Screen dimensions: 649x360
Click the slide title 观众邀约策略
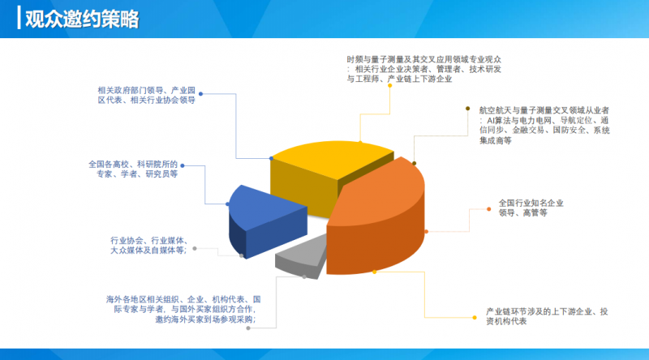(x=82, y=19)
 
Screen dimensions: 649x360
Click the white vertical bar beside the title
(x=19, y=18)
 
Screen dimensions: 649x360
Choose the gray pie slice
(x=302, y=256)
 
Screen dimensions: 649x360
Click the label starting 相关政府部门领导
(x=147, y=95)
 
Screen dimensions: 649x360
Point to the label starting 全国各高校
(x=133, y=169)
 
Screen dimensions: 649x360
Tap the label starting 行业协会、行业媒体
(x=148, y=246)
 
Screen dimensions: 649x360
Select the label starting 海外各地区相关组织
(x=183, y=310)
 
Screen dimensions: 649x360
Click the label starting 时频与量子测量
(x=423, y=69)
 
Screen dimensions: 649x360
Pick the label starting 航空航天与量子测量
(x=544, y=126)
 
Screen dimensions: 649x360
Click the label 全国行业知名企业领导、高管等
(x=531, y=208)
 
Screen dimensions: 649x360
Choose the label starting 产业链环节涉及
(x=547, y=316)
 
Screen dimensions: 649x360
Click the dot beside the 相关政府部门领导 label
(x=200, y=94)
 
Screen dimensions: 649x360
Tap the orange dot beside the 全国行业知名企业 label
(x=489, y=209)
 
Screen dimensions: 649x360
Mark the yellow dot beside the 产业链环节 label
(x=475, y=317)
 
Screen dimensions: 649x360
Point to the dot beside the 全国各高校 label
(x=183, y=165)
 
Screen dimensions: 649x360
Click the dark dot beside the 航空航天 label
(x=468, y=109)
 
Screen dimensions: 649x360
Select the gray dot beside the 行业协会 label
(x=195, y=248)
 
